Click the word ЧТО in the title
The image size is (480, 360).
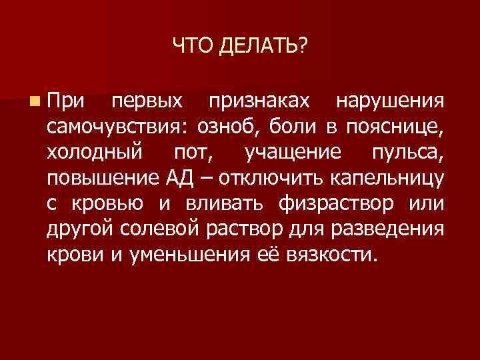point(189,46)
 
